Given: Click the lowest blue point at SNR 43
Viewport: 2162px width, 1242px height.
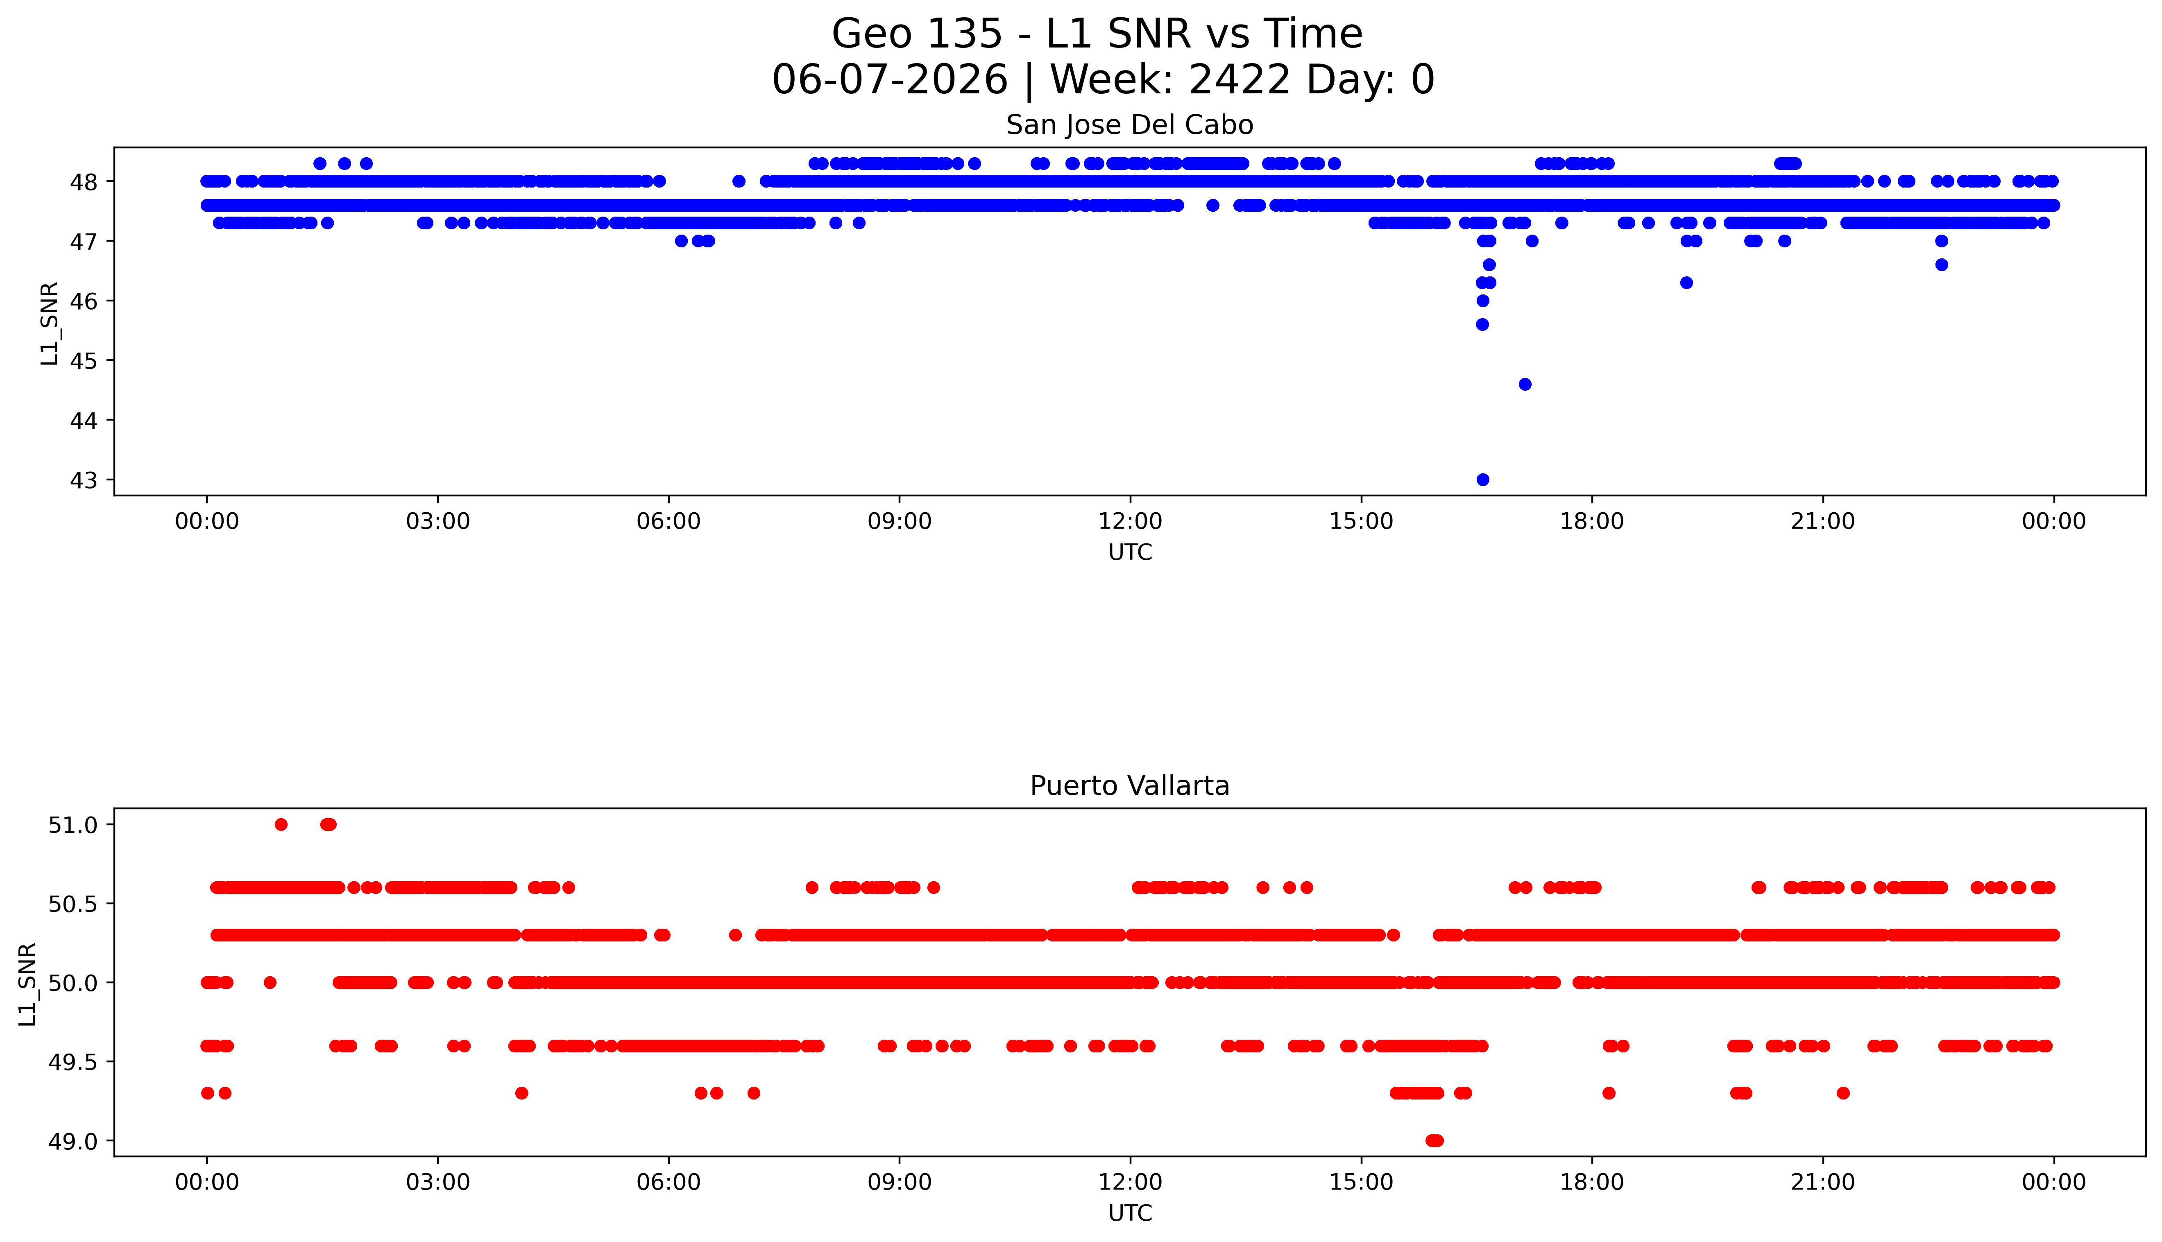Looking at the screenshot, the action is tap(1483, 480).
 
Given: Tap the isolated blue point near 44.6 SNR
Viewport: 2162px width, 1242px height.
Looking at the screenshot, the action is tap(1525, 384).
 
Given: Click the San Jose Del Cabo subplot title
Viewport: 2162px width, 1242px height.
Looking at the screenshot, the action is tap(1130, 125).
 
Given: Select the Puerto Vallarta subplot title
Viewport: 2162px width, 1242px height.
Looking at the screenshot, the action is tap(1130, 786).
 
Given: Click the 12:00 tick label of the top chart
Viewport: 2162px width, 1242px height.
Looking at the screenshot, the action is tap(1131, 521).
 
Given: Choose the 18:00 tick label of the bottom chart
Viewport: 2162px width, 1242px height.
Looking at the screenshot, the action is tap(1592, 1182).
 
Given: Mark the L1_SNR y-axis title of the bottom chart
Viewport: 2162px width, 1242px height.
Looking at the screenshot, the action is tap(27, 984).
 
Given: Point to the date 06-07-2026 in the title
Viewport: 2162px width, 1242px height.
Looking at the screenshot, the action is tap(890, 80).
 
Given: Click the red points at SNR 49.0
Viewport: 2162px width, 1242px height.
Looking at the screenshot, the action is tap(1434, 1140).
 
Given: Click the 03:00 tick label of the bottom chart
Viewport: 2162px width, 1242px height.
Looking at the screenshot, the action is tap(438, 1182).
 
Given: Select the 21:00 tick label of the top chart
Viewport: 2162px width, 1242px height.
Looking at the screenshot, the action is tap(1823, 521).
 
